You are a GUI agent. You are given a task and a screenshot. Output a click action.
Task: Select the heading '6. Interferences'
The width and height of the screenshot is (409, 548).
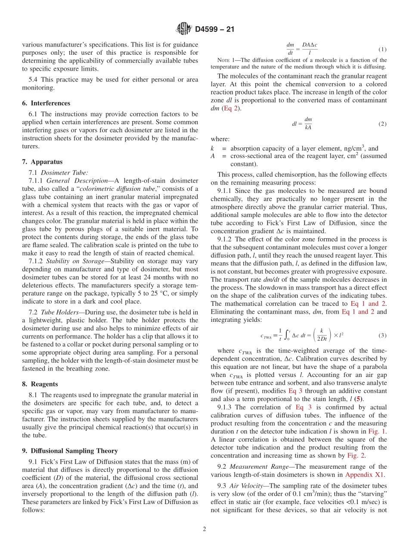click(x=46, y=103)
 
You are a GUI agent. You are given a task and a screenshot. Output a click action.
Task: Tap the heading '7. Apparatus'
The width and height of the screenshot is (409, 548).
click(x=42, y=162)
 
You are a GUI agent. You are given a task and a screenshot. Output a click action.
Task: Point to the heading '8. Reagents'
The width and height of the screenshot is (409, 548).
click(x=40, y=384)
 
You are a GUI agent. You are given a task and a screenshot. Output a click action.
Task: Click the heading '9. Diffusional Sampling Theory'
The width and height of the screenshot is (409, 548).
click(x=70, y=451)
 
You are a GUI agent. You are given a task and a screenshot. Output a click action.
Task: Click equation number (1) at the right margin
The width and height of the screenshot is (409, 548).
click(x=382, y=49)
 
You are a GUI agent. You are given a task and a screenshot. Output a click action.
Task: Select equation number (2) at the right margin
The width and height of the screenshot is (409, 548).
click(x=382, y=124)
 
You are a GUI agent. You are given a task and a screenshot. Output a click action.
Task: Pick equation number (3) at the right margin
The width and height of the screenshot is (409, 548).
click(x=382, y=335)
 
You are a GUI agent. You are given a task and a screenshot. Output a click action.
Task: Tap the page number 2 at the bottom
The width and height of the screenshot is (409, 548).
click(x=204, y=529)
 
